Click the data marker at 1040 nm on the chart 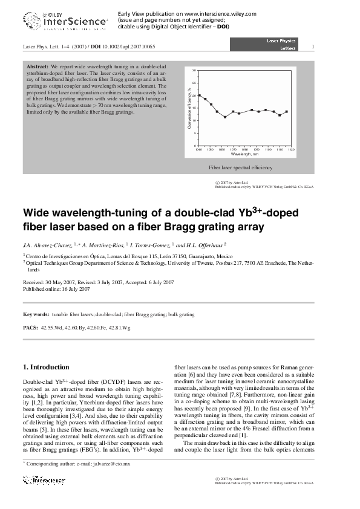tap(200, 95)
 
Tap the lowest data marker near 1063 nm tap(225, 117)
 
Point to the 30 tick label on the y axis tap(194, 71)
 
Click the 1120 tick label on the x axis tap(291, 149)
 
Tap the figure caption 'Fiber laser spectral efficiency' tap(241, 167)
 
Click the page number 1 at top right tap(313, 47)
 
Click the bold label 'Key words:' tap(36, 315)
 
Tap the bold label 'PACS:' tap(30, 326)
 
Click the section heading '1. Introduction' tap(46, 367)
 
